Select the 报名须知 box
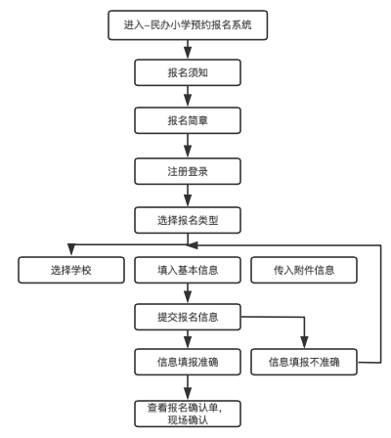click(x=187, y=74)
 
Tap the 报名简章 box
click(x=187, y=122)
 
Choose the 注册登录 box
click(x=187, y=171)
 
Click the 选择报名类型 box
click(x=187, y=220)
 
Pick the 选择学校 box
click(x=65, y=269)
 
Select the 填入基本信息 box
click(x=187, y=269)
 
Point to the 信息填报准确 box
click(x=187, y=361)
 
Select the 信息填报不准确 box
click(x=306, y=361)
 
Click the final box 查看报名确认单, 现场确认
click(x=187, y=412)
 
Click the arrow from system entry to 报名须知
click(x=187, y=50)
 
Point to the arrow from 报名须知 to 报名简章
click(x=187, y=99)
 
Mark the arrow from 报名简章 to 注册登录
click(x=187, y=147)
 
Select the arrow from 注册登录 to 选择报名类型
click(x=187, y=196)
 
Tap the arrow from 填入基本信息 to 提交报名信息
click(x=187, y=292)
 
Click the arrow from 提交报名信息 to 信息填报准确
click(x=187, y=338)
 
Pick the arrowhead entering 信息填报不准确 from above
click(x=306, y=343)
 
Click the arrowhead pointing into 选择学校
click(x=65, y=251)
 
